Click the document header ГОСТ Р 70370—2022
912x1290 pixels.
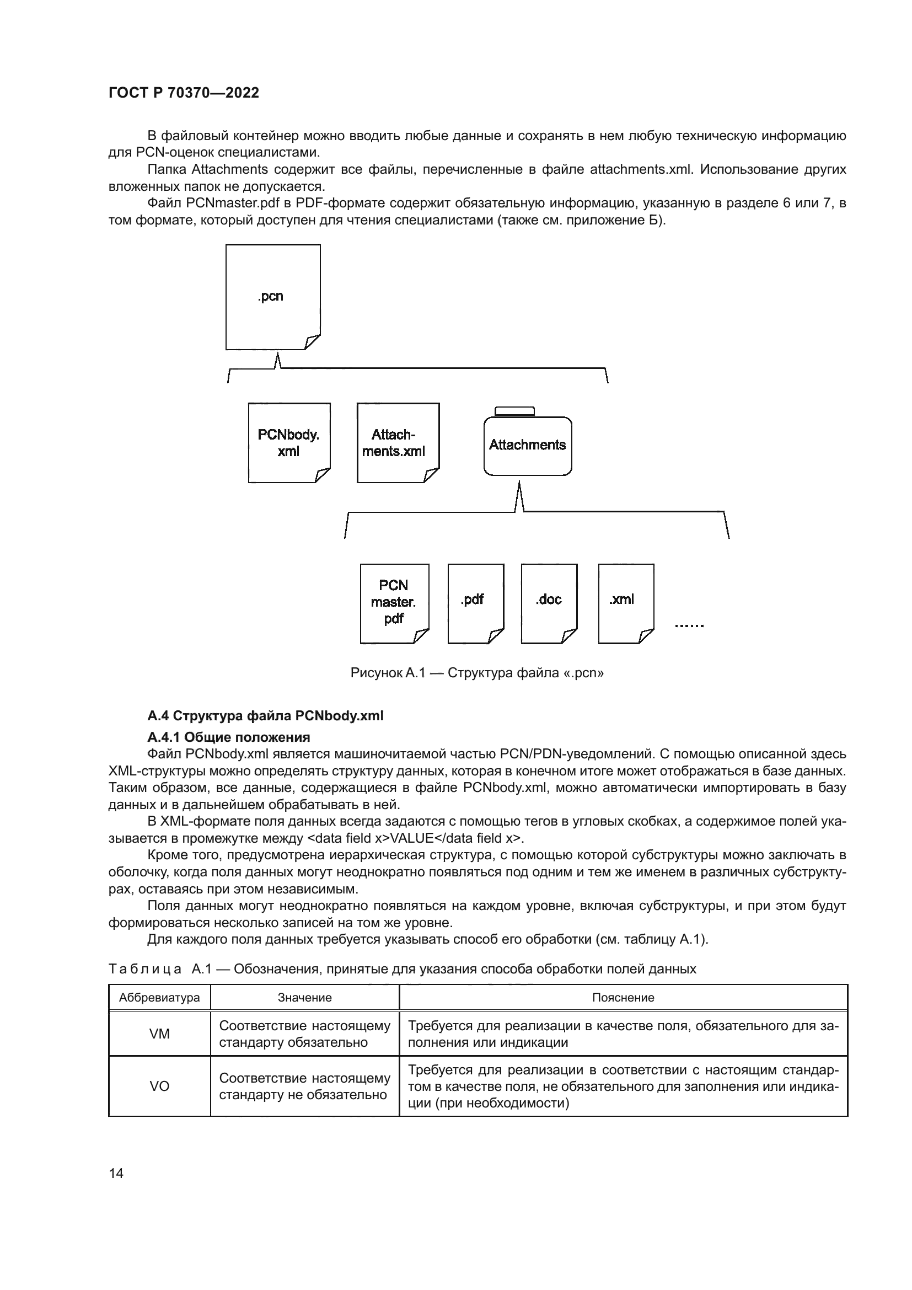pos(184,93)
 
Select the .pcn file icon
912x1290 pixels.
pos(272,297)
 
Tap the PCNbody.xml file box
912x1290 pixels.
pos(288,443)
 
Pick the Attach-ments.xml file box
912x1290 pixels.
pos(398,443)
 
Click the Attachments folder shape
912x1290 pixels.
pos(527,446)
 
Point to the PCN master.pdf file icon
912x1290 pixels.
pos(394,603)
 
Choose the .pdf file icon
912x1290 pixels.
pos(475,603)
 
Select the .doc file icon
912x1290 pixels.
pos(549,603)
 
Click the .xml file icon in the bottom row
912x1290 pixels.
pos(626,603)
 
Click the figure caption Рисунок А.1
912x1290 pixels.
pos(477,672)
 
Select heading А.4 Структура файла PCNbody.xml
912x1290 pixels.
pos(265,716)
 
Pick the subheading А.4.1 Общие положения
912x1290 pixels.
pos(229,737)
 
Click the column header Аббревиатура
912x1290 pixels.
pos(159,997)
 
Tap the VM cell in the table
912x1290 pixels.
pos(159,1034)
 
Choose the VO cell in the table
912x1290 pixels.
pos(159,1086)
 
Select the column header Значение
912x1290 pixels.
pos(304,997)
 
